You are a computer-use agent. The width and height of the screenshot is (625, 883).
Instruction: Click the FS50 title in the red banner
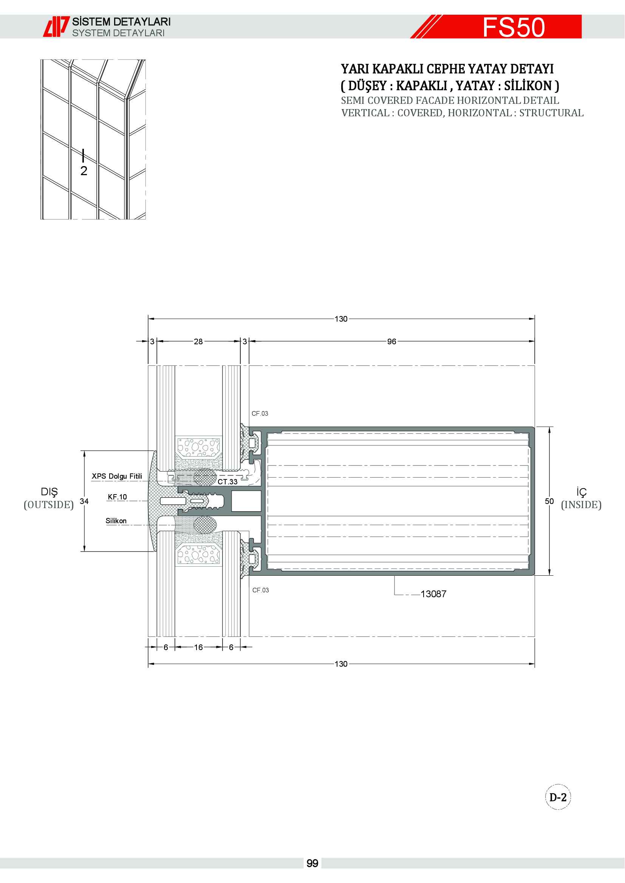[514, 27]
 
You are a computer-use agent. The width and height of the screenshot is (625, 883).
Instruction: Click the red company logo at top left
[56, 26]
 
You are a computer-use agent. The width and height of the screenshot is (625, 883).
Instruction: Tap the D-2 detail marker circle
[558, 797]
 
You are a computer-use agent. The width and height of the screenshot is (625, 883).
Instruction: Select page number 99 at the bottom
[312, 863]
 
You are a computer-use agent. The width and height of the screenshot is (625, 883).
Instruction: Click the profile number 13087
[433, 594]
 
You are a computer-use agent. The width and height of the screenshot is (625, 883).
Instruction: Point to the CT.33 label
[227, 481]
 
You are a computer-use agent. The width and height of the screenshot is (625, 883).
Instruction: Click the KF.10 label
[118, 497]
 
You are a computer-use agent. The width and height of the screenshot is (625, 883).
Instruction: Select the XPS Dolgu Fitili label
[117, 476]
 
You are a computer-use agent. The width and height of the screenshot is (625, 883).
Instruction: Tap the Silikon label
[116, 521]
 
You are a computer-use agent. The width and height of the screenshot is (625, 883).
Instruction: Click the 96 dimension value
[391, 342]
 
